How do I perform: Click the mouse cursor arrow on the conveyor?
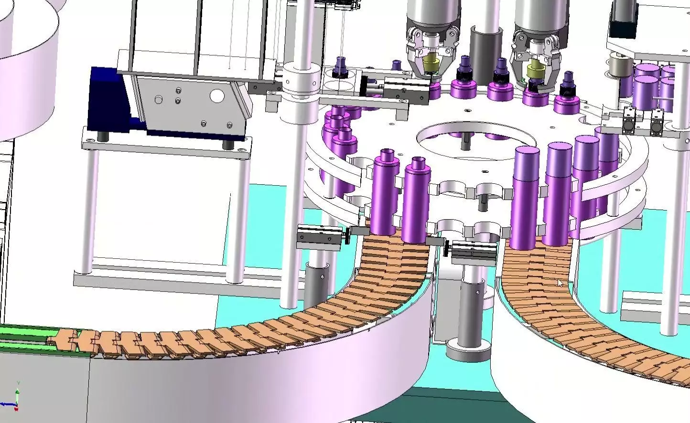tap(561, 283)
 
